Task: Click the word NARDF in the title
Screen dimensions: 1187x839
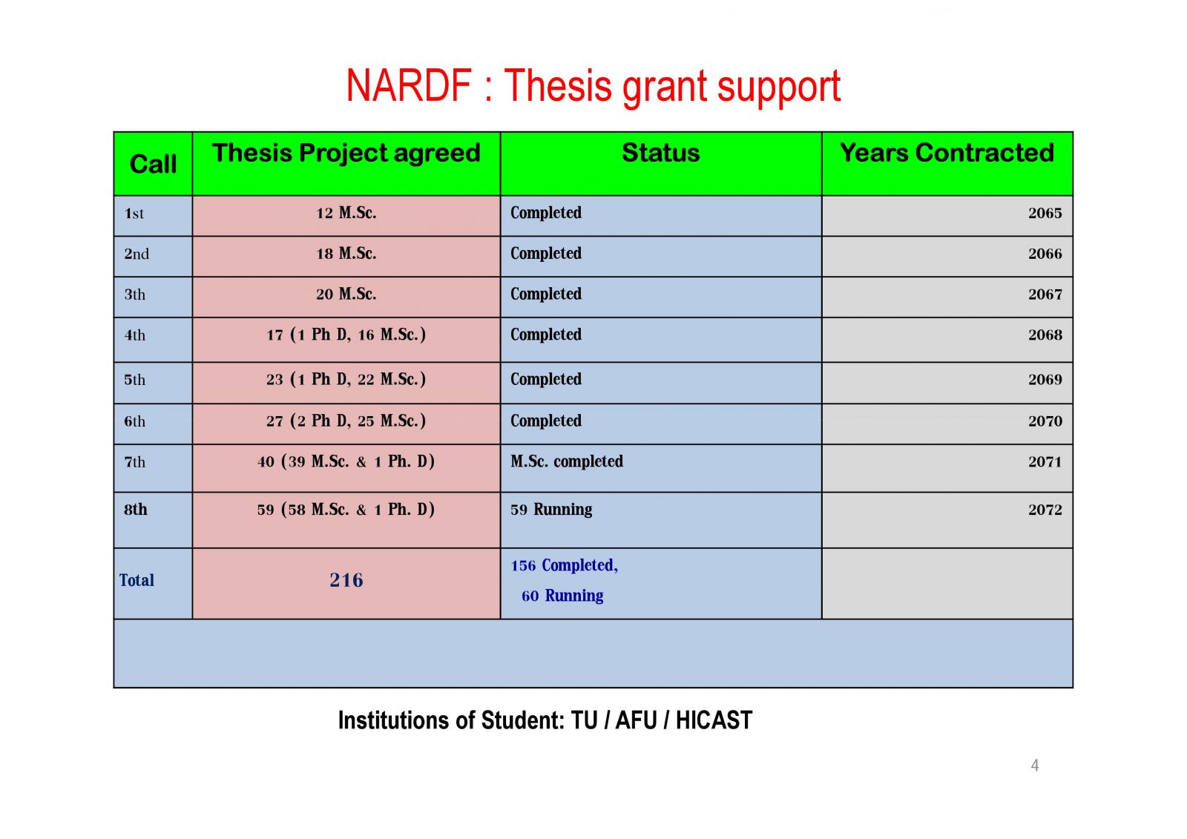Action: [409, 85]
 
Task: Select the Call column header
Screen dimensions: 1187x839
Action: [153, 164]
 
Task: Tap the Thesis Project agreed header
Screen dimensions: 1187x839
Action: [346, 153]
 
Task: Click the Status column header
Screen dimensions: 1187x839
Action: [660, 153]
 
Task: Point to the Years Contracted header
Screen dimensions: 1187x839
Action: [947, 153]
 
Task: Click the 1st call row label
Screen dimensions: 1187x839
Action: [134, 214]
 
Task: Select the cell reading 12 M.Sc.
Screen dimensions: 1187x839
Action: [346, 213]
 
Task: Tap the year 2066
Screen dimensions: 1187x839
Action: [1045, 254]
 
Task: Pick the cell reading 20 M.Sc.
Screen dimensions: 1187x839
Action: [346, 295]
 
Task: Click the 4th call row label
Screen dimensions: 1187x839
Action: [134, 335]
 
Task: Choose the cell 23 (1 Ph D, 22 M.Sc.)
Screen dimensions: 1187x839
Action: [346, 380]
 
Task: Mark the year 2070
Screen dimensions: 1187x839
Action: [1045, 421]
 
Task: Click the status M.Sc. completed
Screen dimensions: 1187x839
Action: [567, 461]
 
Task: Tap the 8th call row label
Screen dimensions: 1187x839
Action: [136, 510]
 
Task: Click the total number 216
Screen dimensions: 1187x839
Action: [346, 580]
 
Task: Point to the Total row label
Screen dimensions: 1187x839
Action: [137, 580]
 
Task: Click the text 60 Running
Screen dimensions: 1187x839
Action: [562, 596]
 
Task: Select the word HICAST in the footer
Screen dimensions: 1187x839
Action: [714, 720]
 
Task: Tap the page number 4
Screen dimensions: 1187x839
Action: [1034, 766]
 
